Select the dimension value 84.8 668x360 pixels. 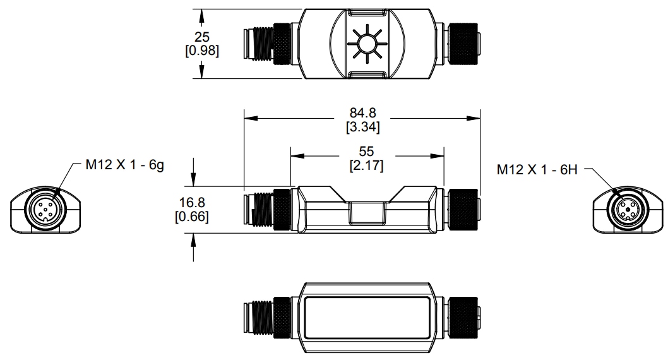click(x=362, y=112)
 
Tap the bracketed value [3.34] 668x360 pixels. click(x=362, y=126)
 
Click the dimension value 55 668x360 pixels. click(x=366, y=152)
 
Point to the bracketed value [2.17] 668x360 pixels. click(x=366, y=165)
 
